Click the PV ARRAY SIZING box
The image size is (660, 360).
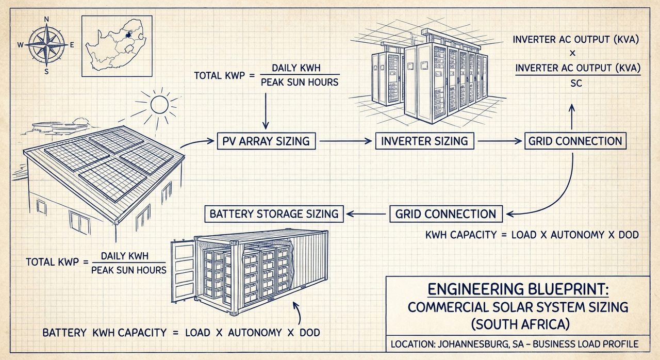point(266,141)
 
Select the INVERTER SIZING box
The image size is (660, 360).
point(425,141)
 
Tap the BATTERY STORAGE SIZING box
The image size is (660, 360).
point(274,214)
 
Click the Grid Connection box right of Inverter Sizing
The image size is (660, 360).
point(575,141)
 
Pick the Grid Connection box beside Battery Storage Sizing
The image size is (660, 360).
point(446,214)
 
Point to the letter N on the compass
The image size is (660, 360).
point(46,20)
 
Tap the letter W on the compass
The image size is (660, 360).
point(21,45)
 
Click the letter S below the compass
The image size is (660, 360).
point(46,71)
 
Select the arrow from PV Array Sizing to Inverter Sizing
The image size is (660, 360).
point(344,141)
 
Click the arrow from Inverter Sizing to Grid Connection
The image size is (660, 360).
point(499,141)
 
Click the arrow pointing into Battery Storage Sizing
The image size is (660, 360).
point(366,214)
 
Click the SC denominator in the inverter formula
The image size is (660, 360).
point(576,83)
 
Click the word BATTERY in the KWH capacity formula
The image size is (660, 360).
point(64,333)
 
